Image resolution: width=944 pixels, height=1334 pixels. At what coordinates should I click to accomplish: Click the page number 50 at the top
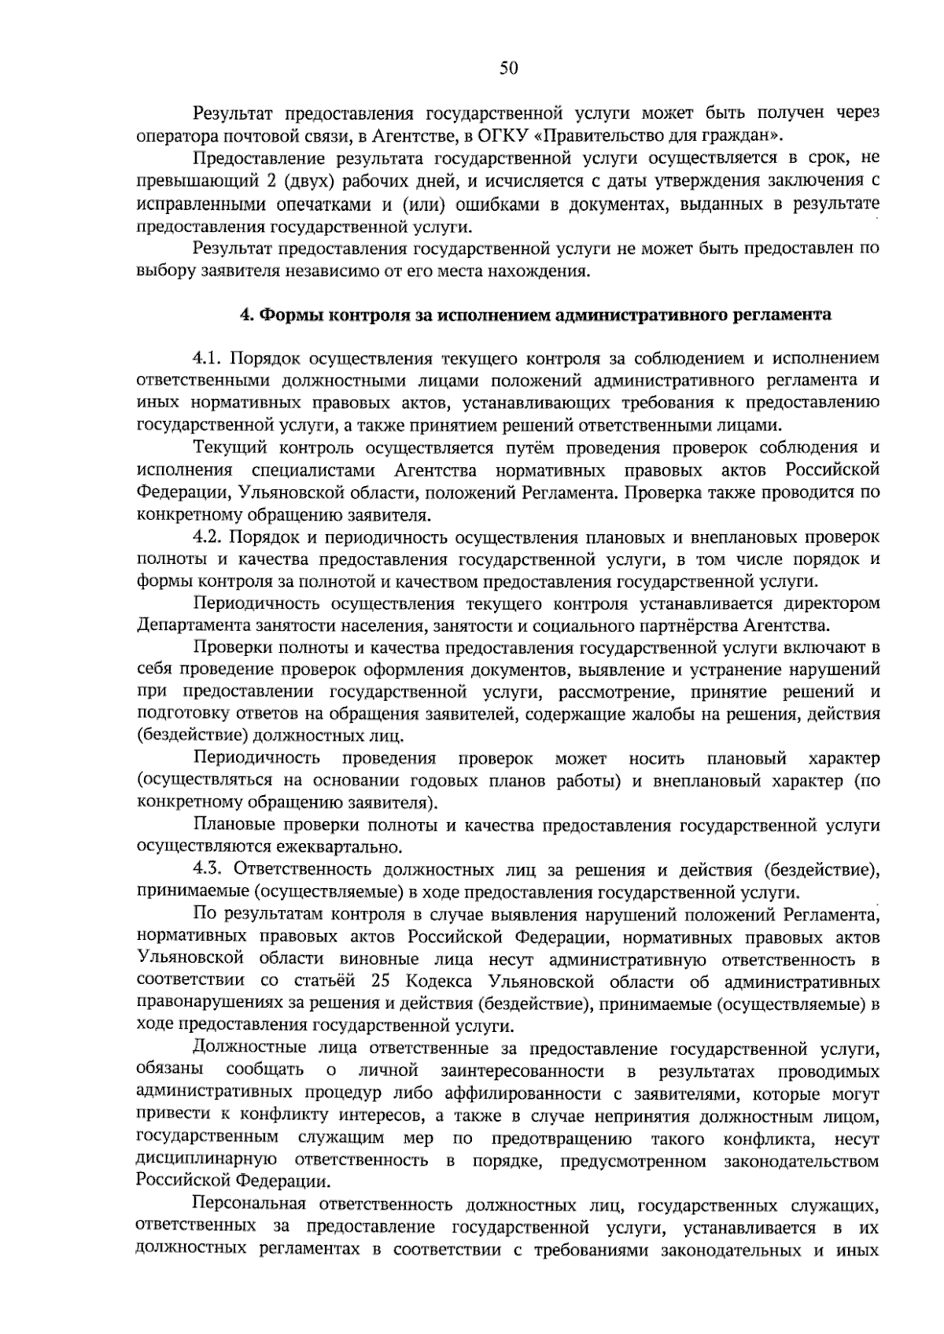[x=508, y=69]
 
